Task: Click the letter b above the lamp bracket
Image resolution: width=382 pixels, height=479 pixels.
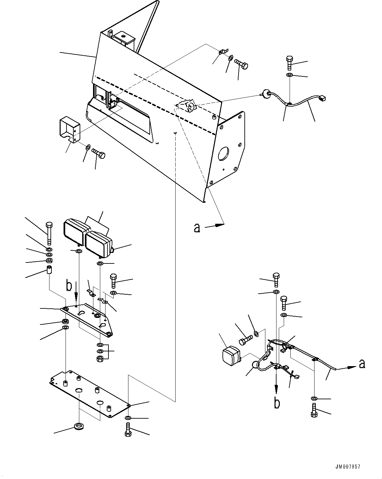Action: (69, 285)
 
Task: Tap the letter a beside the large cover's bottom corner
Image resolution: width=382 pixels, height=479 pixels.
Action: (197, 227)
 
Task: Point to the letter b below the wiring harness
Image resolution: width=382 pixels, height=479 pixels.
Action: (277, 403)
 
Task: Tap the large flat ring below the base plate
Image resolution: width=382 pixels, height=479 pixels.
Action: (79, 427)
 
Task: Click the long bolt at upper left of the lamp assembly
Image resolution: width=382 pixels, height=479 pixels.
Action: (49, 233)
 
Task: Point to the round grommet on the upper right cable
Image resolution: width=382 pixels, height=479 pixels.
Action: (266, 94)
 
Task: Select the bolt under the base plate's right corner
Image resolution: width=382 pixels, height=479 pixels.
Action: (128, 430)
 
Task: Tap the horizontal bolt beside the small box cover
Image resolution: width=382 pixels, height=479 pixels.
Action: (98, 153)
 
